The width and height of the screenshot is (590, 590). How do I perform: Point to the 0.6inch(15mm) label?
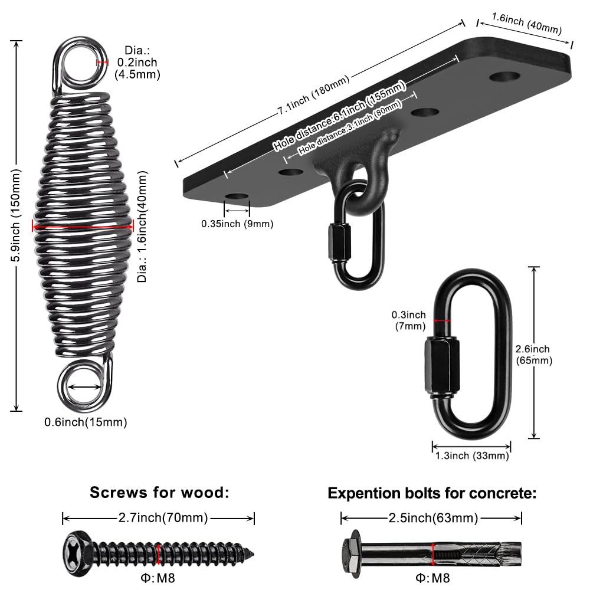tap(86, 422)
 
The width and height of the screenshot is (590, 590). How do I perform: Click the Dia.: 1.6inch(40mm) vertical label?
tap(142, 227)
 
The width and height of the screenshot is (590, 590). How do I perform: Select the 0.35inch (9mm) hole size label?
tap(237, 224)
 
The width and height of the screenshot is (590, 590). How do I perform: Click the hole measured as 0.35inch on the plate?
tap(237, 196)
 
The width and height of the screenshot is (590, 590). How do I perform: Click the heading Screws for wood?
tap(159, 492)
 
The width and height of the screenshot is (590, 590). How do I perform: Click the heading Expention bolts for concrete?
tap(432, 493)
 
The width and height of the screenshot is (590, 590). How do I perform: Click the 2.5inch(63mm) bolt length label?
tap(432, 519)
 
